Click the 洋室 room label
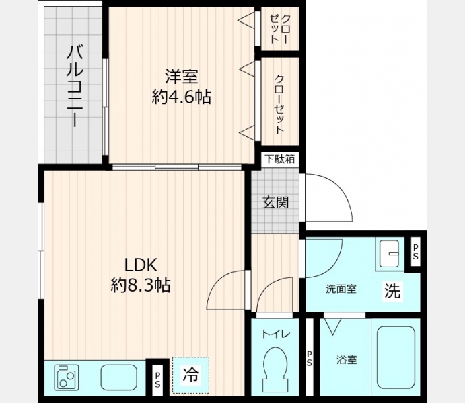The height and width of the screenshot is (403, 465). [182, 77]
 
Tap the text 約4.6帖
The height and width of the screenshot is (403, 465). [182, 97]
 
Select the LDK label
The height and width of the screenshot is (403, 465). [140, 265]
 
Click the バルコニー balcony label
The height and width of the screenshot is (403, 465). [75, 86]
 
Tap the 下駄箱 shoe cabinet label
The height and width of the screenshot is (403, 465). [280, 159]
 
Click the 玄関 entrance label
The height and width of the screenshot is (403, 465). [275, 203]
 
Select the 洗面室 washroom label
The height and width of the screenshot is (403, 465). [341, 289]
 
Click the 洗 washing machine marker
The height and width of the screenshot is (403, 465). [392, 291]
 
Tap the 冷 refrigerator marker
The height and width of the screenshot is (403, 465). [190, 374]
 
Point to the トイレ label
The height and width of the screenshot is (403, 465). [275, 334]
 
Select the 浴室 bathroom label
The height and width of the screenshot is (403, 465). [347, 360]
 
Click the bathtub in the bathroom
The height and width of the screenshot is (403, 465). [396, 357]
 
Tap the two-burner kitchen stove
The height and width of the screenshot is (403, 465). [67, 377]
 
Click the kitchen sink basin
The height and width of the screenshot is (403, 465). [119, 377]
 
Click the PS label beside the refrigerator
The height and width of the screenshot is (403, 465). [157, 379]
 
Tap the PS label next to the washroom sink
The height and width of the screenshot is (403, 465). [415, 252]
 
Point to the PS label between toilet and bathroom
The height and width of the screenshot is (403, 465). [309, 358]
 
